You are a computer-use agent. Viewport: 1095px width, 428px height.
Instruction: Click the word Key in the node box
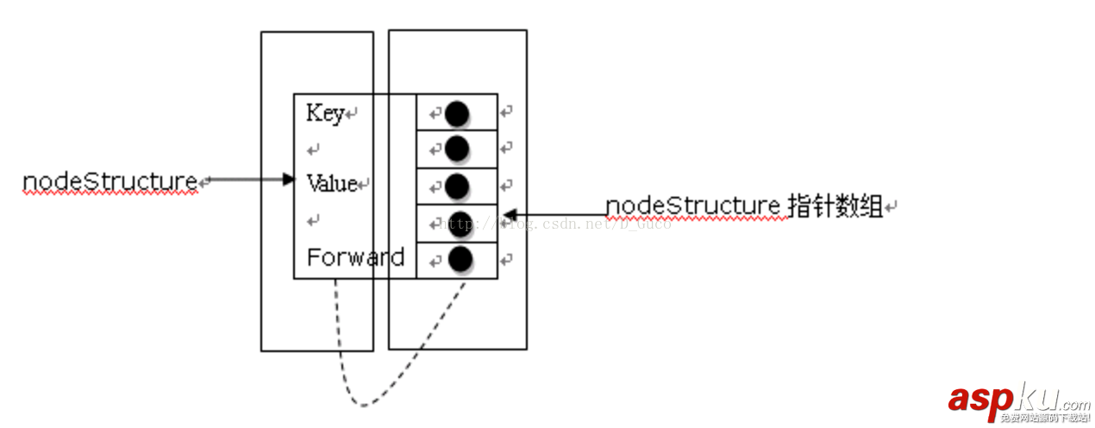pos(324,113)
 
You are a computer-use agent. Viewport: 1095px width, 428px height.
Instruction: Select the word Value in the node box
pos(331,183)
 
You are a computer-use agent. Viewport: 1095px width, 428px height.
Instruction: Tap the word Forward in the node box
pos(355,257)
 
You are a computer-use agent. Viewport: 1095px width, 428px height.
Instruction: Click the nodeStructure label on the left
pos(110,181)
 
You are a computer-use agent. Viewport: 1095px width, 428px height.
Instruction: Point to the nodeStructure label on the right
pos(692,205)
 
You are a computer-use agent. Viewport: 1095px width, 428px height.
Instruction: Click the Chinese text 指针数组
pos(835,205)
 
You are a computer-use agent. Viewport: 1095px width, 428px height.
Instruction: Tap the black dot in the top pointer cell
pos(457,112)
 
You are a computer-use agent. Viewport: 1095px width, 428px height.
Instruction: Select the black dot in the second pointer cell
pos(457,148)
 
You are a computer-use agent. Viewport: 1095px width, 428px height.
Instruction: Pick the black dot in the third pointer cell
pos(457,186)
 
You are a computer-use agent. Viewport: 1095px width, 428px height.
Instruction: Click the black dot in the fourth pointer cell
pos(460,222)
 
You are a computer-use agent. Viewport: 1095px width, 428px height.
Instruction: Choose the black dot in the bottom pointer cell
pos(460,257)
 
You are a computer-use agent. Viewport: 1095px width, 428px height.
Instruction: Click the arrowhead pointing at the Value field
pos(289,179)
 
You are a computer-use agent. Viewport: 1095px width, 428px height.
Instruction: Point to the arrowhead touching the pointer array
pos(510,213)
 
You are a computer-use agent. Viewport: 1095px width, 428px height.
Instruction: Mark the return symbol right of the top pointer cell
pos(507,111)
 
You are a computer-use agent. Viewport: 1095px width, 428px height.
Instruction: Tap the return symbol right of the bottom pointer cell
pos(507,258)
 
